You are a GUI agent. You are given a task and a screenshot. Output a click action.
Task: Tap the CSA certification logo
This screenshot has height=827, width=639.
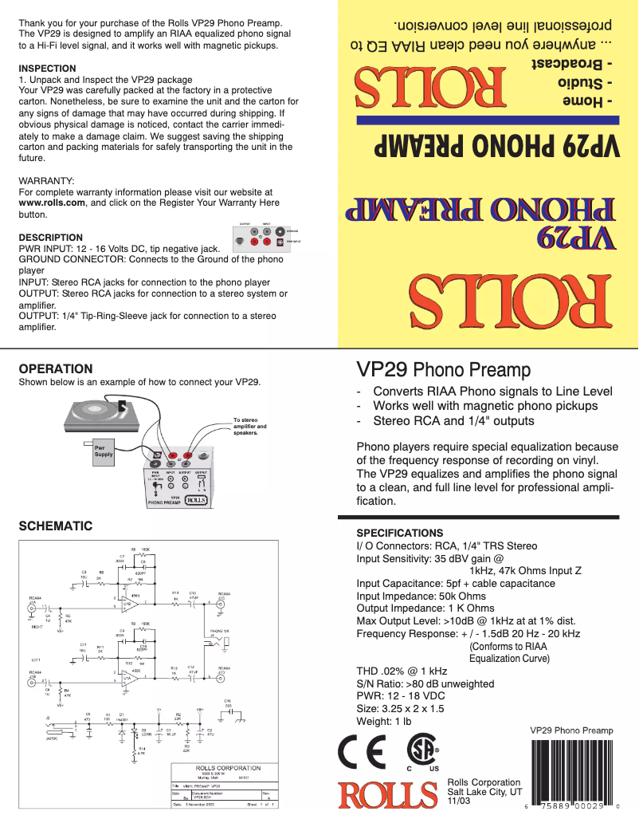[422, 751]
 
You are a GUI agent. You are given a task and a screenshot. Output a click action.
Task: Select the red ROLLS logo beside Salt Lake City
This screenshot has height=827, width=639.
[388, 794]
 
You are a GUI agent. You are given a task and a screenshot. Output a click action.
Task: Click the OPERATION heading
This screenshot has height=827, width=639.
[55, 369]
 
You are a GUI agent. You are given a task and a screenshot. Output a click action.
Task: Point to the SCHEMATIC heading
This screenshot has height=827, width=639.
[55, 526]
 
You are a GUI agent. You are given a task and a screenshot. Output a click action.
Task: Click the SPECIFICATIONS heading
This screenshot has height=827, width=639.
[399, 533]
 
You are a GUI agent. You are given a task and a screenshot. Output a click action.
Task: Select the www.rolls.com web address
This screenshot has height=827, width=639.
[52, 203]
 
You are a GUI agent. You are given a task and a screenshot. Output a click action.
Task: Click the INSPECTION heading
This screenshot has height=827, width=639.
[47, 69]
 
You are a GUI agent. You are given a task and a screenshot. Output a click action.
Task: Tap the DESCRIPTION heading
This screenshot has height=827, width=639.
[50, 238]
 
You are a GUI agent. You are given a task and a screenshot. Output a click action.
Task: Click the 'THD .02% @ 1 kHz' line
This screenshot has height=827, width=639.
[402, 671]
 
